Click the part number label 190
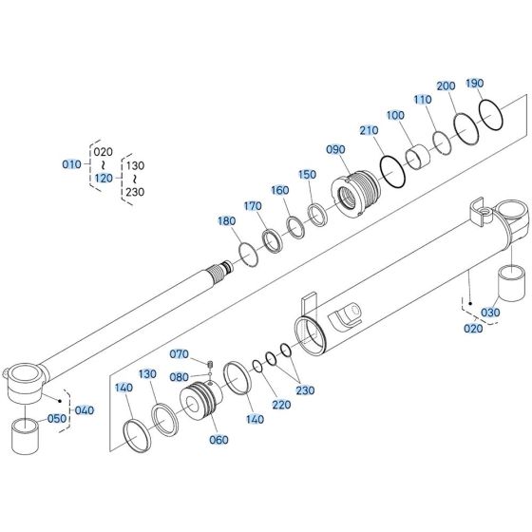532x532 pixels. tap(473, 83)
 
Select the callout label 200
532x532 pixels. tap(446, 86)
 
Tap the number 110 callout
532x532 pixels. tap(423, 100)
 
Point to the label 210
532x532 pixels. tap(369, 129)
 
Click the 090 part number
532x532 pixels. tap(335, 150)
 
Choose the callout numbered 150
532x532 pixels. tap(306, 175)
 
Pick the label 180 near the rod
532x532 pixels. tap(225, 221)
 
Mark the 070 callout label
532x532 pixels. tap(180, 354)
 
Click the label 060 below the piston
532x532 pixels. tap(220, 439)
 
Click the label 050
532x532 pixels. tap(57, 418)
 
